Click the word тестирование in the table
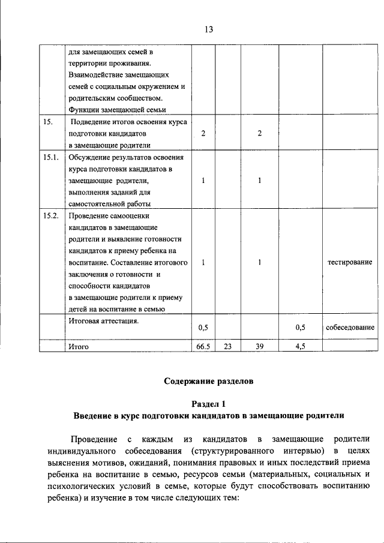coord(350,263)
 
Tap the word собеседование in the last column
coord(350,328)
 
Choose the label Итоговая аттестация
coord(104,321)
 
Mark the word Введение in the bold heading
coord(94,415)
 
